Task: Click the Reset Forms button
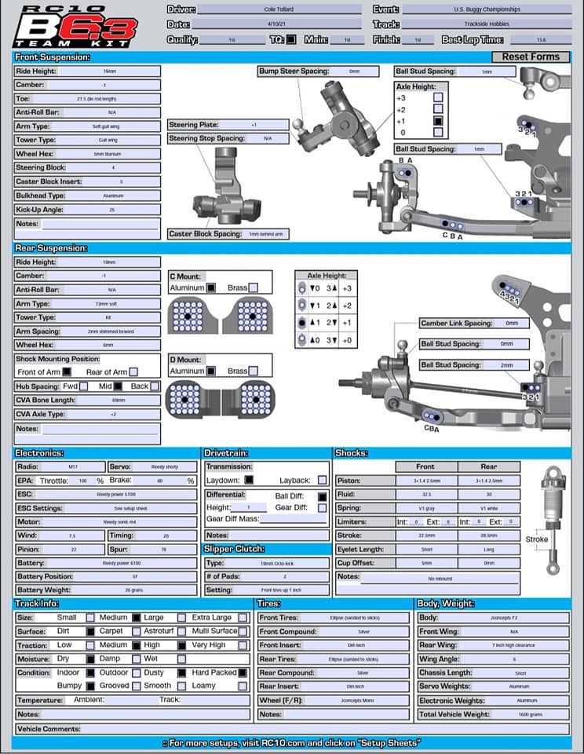coord(531,57)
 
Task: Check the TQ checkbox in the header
coord(291,38)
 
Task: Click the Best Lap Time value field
coord(541,38)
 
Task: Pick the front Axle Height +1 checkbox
coord(438,121)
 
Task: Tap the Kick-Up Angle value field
coord(111,210)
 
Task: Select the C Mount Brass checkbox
coord(253,288)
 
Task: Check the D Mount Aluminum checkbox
coord(211,371)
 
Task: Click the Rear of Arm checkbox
coord(133,372)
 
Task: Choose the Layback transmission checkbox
coord(323,480)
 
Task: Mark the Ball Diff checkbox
coord(322,496)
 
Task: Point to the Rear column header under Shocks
coord(488,467)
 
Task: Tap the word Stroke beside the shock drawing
coord(537,540)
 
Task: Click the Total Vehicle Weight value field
coord(526,714)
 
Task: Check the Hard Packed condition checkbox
coord(243,672)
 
